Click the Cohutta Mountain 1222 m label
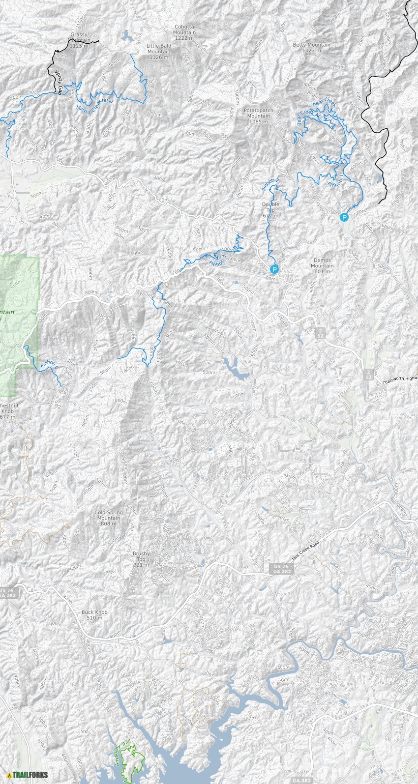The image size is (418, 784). coord(184,32)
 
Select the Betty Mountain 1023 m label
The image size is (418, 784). coord(311,48)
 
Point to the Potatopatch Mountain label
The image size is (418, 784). coord(258,116)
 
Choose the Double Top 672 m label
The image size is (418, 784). coord(270,210)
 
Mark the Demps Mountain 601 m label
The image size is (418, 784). coord(322,266)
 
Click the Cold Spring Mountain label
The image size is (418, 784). coord(108,518)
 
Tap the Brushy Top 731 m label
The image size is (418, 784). coord(141,559)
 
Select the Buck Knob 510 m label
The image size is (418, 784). coord(94,615)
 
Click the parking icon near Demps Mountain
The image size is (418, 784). coord(274,269)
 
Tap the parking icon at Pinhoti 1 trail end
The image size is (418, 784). coord(345,217)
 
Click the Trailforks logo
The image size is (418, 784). coord(28,775)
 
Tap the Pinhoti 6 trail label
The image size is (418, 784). coord(49,365)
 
